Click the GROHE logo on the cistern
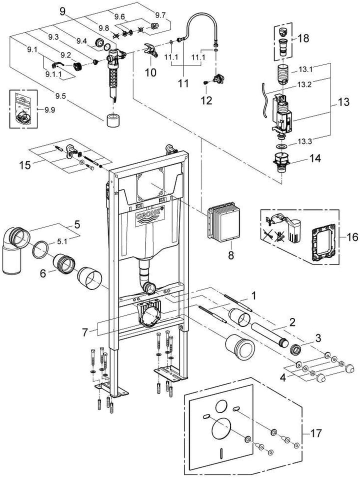(x=149, y=215)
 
